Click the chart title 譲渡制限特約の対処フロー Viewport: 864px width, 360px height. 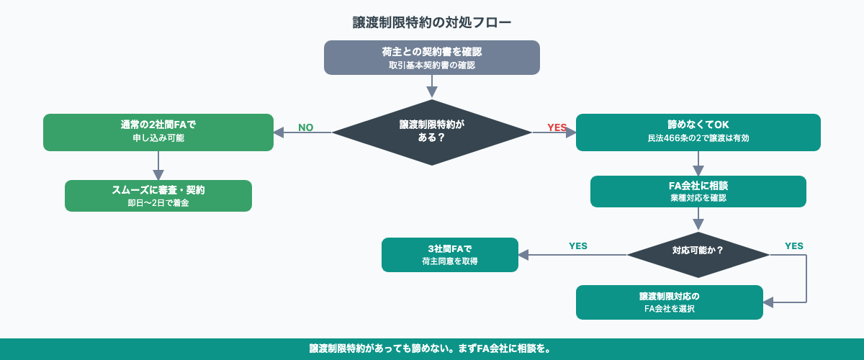point(432,22)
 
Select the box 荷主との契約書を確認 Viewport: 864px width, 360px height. point(432,58)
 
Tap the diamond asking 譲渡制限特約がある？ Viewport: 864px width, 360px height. point(432,132)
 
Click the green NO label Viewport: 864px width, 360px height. point(305,127)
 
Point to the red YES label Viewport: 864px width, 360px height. point(557,127)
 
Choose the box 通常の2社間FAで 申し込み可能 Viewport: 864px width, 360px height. point(158,132)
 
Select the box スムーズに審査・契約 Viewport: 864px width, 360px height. point(158,195)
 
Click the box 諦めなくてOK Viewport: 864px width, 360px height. point(698,132)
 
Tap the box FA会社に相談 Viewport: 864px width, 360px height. point(698,191)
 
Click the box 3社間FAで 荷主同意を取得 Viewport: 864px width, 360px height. point(450,254)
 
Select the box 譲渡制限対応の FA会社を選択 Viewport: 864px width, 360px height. point(670,302)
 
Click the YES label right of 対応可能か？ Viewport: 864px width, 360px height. point(793,246)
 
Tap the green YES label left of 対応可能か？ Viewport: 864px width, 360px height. point(577,246)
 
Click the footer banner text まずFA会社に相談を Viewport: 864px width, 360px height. point(504,348)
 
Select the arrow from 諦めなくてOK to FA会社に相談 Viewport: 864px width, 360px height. point(698,163)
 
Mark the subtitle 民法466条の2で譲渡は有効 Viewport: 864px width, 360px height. point(698,138)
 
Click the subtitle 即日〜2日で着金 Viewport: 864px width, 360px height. point(158,203)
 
